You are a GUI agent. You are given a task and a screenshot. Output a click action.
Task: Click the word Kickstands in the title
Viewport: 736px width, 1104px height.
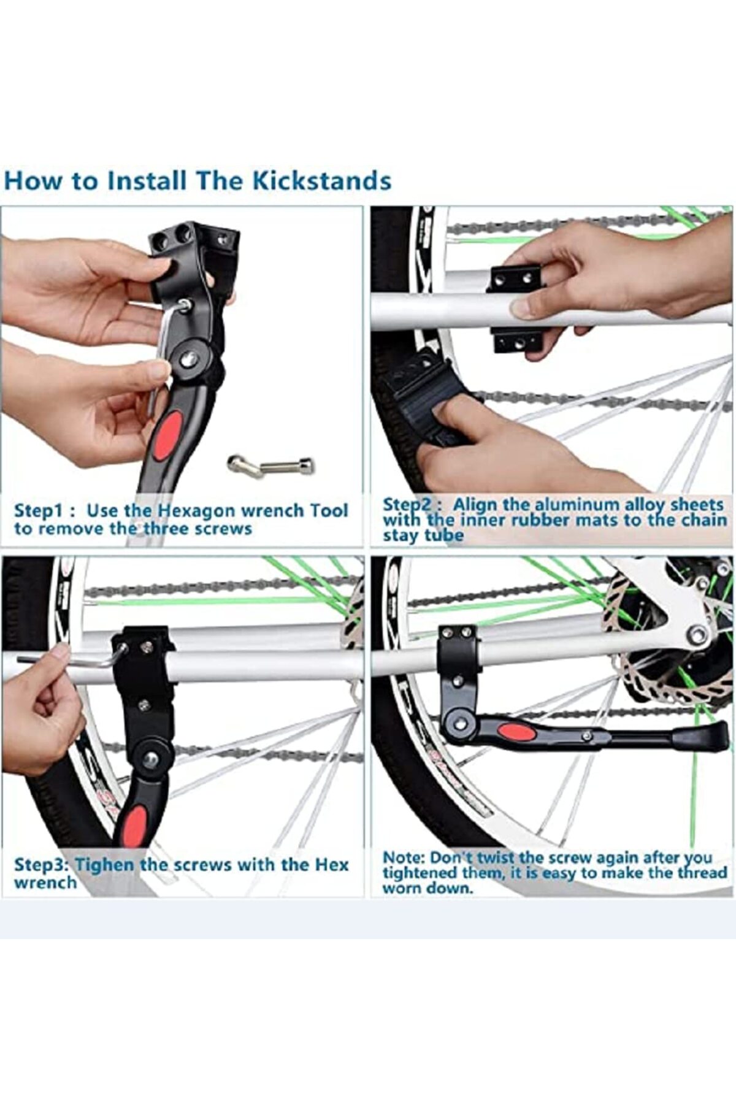coord(323,181)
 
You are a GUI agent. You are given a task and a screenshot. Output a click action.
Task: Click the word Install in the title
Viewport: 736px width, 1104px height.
coord(147,181)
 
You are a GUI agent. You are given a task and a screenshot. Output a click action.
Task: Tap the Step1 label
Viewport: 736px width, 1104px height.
coord(42,511)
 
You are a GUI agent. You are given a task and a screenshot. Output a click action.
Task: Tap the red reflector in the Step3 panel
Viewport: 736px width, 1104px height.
coord(135,825)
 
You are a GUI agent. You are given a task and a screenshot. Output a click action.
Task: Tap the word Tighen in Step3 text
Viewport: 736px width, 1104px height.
coord(104,865)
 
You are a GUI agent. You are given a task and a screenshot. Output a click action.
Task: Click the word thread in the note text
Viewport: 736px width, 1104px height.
coord(702,873)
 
